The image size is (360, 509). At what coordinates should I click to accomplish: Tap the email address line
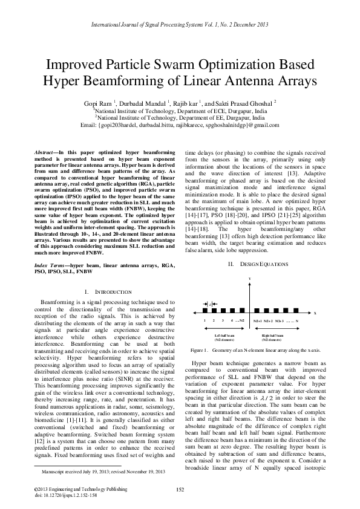[180, 126]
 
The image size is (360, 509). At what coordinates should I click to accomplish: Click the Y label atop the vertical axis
[249, 277]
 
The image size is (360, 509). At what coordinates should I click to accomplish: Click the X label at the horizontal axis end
[315, 313]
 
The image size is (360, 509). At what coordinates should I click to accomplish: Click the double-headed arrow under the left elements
[224, 328]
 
